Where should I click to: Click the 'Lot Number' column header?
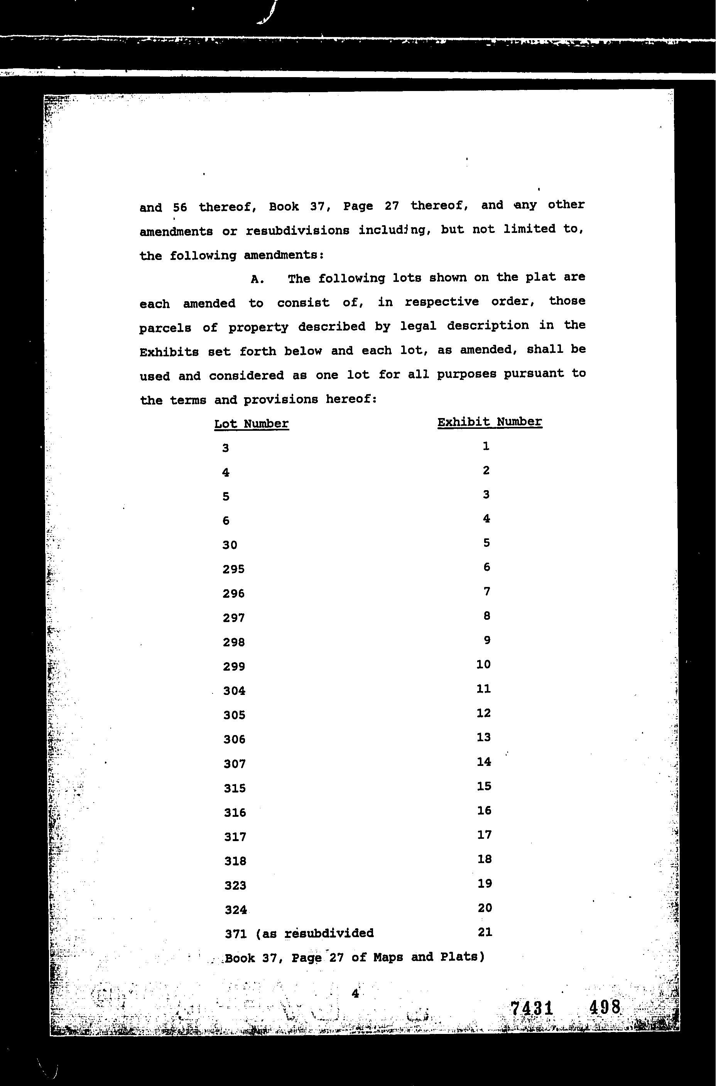tap(251, 423)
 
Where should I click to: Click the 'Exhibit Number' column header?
tap(490, 422)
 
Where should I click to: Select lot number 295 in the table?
tap(234, 569)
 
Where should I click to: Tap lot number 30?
tap(230, 545)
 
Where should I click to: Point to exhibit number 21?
tap(485, 932)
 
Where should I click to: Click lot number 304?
tap(234, 691)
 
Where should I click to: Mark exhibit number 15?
tap(484, 786)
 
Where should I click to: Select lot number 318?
tap(235, 861)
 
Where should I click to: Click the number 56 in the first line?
tap(180, 207)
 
